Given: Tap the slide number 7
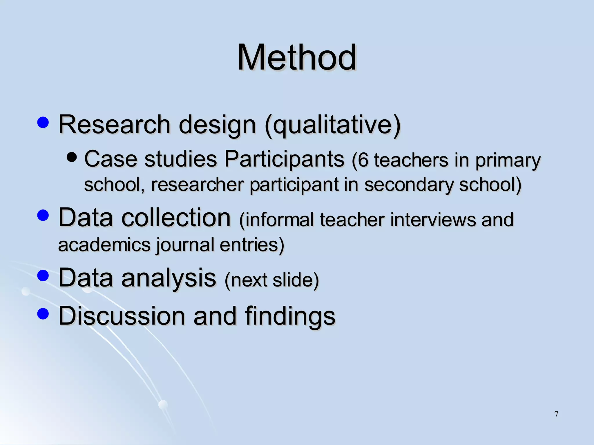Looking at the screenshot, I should (556, 414).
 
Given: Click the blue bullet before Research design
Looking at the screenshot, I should (43, 123).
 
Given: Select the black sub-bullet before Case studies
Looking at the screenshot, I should (72, 157).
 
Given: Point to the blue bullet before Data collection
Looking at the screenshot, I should (43, 216).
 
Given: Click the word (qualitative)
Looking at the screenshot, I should (332, 125).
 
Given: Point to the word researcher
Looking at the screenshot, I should (198, 185).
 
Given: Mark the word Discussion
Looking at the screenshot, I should (122, 316).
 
